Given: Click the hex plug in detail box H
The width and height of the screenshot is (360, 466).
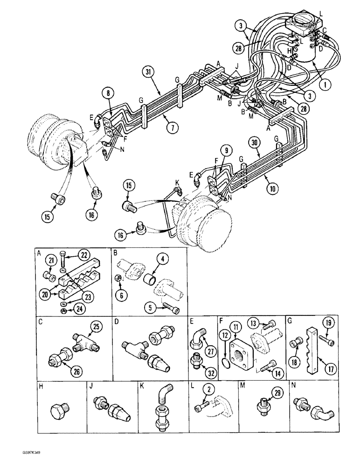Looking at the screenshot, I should point(60,411).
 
